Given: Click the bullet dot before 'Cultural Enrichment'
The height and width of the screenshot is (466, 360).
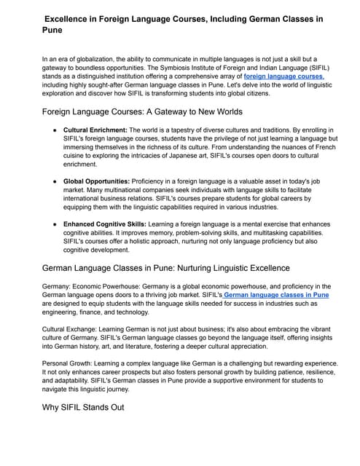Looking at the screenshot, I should [x=55, y=130].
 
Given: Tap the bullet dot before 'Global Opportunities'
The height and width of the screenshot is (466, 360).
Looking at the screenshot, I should [x=55, y=180].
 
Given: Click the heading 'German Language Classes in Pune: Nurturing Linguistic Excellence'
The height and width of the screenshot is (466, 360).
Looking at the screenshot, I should [x=166, y=268].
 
